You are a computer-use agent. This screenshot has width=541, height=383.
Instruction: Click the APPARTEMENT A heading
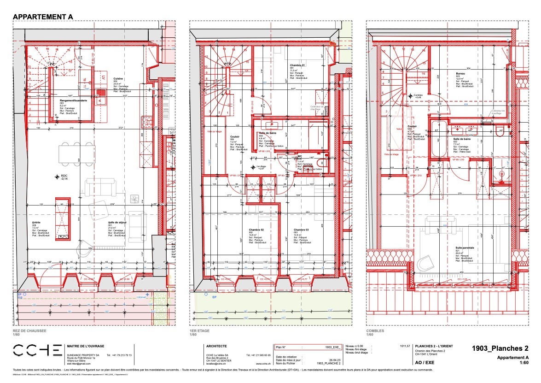(x=43, y=17)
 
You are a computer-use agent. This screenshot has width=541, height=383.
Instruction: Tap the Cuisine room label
(x=118, y=78)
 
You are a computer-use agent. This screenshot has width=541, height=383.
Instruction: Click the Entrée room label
(x=36, y=222)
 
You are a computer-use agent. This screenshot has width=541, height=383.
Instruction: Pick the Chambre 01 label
(x=297, y=65)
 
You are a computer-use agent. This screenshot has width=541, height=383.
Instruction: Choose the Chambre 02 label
(x=256, y=230)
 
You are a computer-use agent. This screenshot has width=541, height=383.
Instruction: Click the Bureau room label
(x=460, y=74)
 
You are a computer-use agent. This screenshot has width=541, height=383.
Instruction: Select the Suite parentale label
(x=465, y=247)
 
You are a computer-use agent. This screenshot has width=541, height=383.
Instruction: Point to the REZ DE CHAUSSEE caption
(x=30, y=330)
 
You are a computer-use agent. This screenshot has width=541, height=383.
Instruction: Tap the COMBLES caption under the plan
(x=375, y=330)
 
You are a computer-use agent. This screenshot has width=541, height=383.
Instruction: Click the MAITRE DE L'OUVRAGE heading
(x=86, y=346)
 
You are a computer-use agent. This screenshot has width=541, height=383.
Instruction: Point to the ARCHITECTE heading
(x=216, y=346)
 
